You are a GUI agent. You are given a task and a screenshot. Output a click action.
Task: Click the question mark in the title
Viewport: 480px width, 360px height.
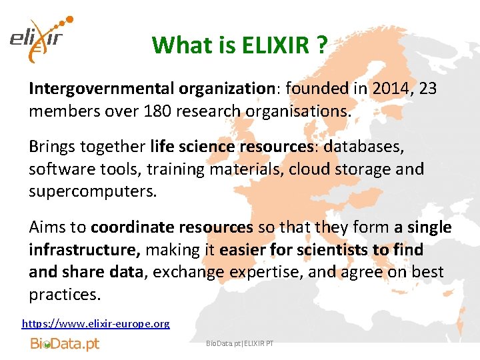[x=322, y=45]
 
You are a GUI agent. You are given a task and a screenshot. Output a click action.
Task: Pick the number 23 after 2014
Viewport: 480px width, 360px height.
[x=426, y=88]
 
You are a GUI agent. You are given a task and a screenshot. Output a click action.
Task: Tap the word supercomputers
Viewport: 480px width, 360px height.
[x=92, y=191]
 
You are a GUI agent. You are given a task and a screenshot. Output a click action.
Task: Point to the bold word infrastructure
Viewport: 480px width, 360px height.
[x=83, y=249]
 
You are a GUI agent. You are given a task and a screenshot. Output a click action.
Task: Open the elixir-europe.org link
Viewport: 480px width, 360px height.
[x=96, y=323]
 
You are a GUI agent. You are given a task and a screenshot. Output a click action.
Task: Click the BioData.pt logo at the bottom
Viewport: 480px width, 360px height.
[x=65, y=344]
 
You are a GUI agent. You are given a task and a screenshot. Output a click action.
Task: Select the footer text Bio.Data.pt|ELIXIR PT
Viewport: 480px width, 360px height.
[x=240, y=343]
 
